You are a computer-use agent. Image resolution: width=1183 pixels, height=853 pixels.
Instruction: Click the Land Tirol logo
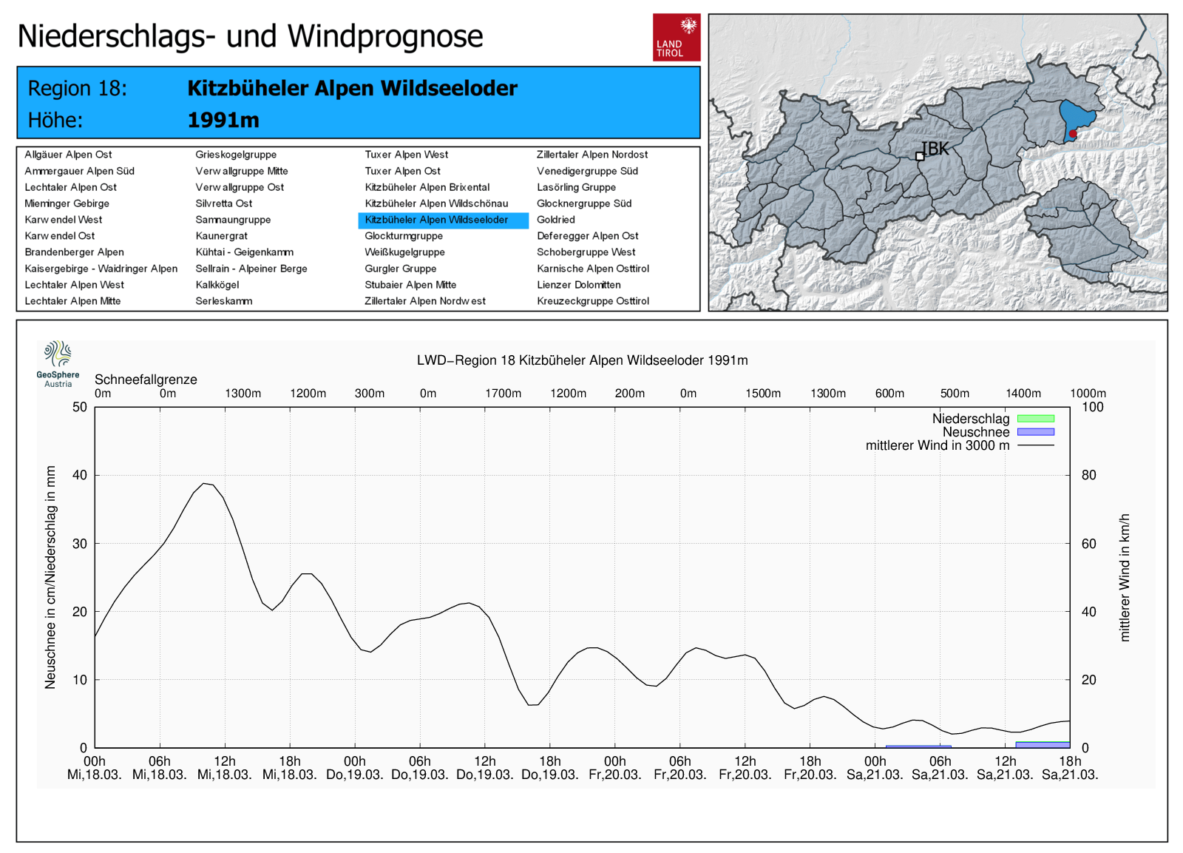[676, 37]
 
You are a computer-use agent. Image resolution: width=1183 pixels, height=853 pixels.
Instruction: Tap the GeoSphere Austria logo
[58, 363]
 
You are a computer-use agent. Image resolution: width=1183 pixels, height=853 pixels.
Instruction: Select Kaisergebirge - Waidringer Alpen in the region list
[101, 269]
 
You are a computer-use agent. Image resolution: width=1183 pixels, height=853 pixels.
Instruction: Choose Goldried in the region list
[555, 220]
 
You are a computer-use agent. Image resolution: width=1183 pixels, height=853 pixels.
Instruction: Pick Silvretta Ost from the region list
[223, 203]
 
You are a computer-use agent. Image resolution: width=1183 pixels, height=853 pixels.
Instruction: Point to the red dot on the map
[1073, 134]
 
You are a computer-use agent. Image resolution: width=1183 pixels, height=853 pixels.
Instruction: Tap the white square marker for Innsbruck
[920, 156]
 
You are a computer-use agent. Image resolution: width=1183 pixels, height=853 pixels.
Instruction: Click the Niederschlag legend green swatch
[1035, 419]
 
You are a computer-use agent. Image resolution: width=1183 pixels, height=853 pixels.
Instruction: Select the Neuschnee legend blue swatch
[1035, 432]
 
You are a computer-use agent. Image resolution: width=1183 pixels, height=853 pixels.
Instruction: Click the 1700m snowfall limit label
[503, 394]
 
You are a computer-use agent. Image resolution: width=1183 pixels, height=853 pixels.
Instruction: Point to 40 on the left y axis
[79, 475]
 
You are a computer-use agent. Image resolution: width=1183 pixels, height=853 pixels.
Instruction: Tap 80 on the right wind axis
[1088, 475]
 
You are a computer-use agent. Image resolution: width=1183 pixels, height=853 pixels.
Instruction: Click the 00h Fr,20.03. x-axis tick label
[614, 768]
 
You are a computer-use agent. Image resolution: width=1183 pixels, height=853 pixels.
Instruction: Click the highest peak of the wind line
[205, 483]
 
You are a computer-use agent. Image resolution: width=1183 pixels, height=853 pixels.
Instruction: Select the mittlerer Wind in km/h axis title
[1125, 577]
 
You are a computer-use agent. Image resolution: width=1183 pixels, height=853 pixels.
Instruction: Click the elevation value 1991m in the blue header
[223, 120]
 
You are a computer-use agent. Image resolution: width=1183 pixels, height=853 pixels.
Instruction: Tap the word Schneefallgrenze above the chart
[146, 380]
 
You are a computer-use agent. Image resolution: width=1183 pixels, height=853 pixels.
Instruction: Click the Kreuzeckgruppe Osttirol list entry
[592, 301]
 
